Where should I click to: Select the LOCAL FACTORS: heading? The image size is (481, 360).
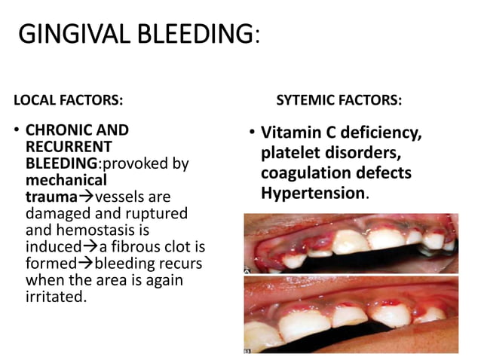click(69, 99)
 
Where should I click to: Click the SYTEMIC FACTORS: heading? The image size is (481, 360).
click(339, 99)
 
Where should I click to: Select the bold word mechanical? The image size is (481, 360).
click(66, 180)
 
